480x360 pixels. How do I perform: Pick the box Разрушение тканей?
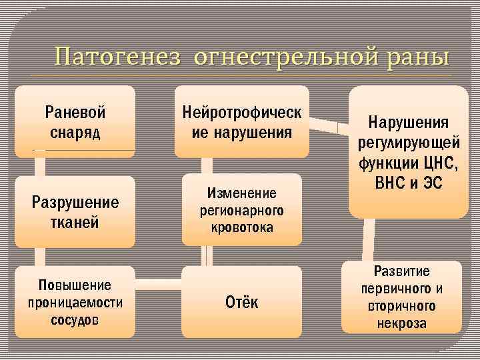pyautogui.click(x=75, y=211)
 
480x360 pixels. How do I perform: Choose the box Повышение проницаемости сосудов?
pyautogui.click(x=75, y=301)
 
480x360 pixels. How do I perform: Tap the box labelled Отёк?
pyautogui.click(x=241, y=302)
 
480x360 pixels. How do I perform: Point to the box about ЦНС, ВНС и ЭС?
pyautogui.click(x=408, y=152)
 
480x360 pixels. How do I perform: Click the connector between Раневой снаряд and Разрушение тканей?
pyautogui.click(x=40, y=163)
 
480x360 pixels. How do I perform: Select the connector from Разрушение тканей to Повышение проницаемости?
pyautogui.click(x=40, y=257)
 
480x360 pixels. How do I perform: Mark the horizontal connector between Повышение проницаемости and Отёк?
pyautogui.click(x=159, y=279)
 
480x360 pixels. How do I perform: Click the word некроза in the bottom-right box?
pyautogui.click(x=401, y=323)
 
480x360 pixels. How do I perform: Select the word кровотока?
pyautogui.click(x=241, y=227)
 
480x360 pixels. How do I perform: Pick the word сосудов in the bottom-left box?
pyautogui.click(x=75, y=319)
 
